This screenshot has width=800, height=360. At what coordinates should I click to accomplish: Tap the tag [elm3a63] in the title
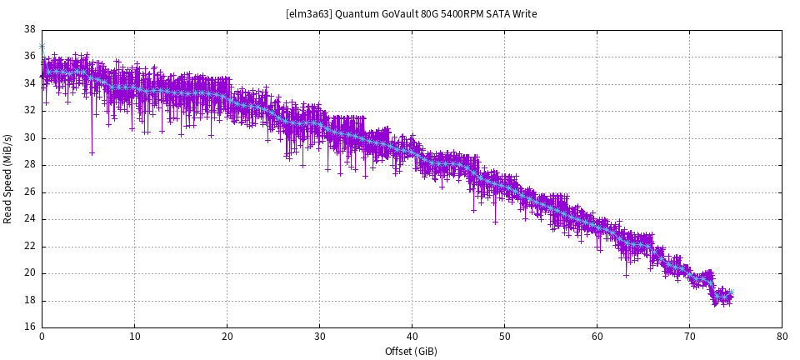click(309, 14)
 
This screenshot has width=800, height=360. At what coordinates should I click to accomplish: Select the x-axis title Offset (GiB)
click(412, 352)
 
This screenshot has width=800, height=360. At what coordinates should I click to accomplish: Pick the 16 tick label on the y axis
click(29, 327)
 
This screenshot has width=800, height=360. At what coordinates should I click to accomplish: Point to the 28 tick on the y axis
click(29, 165)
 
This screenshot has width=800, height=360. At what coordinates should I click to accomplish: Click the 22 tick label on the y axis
click(29, 246)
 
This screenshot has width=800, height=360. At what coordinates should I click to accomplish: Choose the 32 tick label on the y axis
click(29, 111)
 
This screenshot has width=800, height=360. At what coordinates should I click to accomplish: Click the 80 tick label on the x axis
click(782, 337)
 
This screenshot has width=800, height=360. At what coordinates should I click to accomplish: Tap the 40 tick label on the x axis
click(412, 337)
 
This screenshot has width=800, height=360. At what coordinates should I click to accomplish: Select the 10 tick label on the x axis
click(134, 337)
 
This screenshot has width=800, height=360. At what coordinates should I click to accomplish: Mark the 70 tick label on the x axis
click(689, 337)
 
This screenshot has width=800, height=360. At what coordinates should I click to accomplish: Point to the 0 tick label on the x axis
click(42, 337)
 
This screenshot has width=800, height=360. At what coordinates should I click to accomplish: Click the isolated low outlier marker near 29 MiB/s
click(92, 152)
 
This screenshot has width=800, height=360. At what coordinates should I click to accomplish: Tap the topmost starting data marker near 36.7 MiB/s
click(42, 47)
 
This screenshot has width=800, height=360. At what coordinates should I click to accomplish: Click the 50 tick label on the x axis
click(504, 337)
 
